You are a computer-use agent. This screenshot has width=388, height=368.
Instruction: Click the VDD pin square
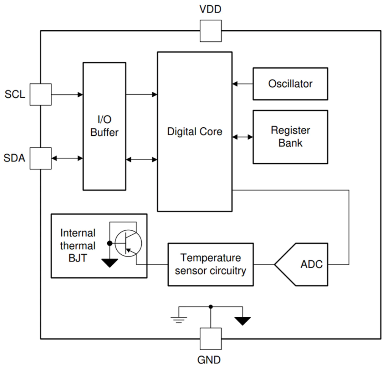click(211, 31)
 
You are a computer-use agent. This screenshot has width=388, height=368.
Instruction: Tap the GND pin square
click(211, 338)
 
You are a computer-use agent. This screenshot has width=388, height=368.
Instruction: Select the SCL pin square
click(40, 94)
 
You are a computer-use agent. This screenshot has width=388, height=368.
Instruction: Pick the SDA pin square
click(40, 158)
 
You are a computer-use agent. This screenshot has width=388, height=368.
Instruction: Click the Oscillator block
click(290, 84)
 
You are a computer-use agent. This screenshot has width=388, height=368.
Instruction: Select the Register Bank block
click(290, 137)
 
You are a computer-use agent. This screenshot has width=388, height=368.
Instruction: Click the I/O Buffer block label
click(104, 126)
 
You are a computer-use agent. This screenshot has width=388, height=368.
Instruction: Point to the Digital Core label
click(195, 132)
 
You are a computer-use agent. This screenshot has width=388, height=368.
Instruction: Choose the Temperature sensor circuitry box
click(211, 264)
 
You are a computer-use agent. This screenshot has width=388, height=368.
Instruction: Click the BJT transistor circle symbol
click(128, 243)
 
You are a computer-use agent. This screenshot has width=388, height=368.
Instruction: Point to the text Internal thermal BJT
click(78, 246)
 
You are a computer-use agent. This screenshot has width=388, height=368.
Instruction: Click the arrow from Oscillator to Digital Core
click(242, 84)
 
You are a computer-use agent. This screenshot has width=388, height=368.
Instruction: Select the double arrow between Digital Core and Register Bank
click(242, 137)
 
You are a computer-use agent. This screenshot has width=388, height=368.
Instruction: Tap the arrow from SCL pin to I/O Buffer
click(67, 94)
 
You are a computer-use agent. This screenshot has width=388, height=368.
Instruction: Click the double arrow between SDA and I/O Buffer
click(67, 158)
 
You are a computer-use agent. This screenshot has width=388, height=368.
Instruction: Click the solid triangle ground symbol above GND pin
click(242, 321)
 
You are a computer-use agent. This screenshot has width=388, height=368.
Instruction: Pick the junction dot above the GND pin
click(211, 306)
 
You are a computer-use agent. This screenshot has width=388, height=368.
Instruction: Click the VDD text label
click(211, 9)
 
